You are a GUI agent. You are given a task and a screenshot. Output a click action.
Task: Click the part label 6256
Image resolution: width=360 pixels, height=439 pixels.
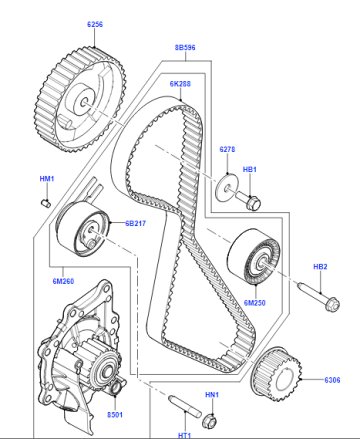(95, 24)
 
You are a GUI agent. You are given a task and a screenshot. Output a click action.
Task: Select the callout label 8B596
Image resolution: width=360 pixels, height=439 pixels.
(185, 48)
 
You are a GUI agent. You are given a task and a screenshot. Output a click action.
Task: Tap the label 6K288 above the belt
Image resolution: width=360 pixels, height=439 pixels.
(180, 84)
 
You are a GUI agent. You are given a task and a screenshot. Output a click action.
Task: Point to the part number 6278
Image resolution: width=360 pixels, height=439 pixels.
(227, 149)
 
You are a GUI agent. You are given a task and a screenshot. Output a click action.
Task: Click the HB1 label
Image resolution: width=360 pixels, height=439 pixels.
(250, 169)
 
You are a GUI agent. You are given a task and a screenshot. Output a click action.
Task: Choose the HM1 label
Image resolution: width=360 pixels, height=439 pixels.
(47, 179)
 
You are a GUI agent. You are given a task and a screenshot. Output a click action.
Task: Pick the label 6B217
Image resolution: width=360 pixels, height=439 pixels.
(135, 223)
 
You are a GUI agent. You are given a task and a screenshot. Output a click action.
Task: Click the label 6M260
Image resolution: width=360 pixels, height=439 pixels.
(63, 281)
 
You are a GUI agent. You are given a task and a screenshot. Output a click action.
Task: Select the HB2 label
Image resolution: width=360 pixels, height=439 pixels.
(320, 267)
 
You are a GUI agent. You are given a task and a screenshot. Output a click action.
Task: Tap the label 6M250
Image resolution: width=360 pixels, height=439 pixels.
(255, 303)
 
